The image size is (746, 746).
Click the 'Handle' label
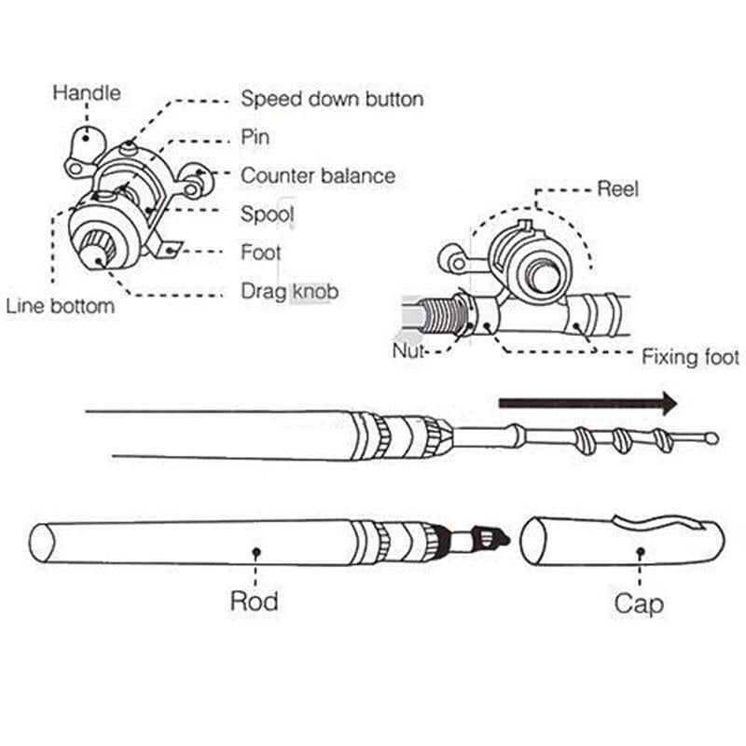87,93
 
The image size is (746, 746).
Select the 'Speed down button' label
332,99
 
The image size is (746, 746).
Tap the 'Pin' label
256,137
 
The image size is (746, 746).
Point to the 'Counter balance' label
318,175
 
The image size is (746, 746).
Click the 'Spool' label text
268,214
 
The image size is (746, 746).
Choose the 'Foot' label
261,253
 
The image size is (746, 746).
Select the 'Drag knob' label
289,292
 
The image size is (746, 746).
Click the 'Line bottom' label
61,306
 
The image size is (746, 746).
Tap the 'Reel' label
617,189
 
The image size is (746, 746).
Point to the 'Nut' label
410,351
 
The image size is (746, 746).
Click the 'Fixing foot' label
690,357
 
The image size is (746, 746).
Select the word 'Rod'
254,601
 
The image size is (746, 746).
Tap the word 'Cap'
639,603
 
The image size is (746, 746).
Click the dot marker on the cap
640,551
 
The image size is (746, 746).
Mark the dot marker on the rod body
256,551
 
